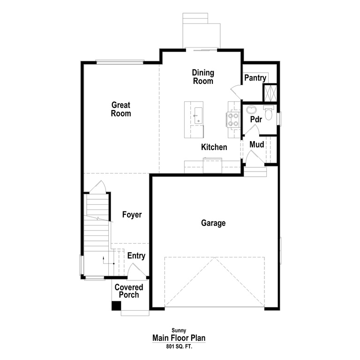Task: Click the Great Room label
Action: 121,109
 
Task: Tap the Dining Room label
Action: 203,77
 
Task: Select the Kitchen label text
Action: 214,147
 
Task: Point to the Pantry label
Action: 255,78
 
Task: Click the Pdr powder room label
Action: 256,119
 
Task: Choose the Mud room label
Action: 256,144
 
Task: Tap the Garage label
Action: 213,223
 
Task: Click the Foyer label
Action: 132,215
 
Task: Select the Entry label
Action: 136,256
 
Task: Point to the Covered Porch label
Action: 129,291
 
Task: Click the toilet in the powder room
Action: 269,113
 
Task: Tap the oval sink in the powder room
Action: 251,111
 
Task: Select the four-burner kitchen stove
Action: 233,120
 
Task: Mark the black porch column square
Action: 116,306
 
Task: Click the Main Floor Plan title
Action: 179,338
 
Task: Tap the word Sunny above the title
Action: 179,330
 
